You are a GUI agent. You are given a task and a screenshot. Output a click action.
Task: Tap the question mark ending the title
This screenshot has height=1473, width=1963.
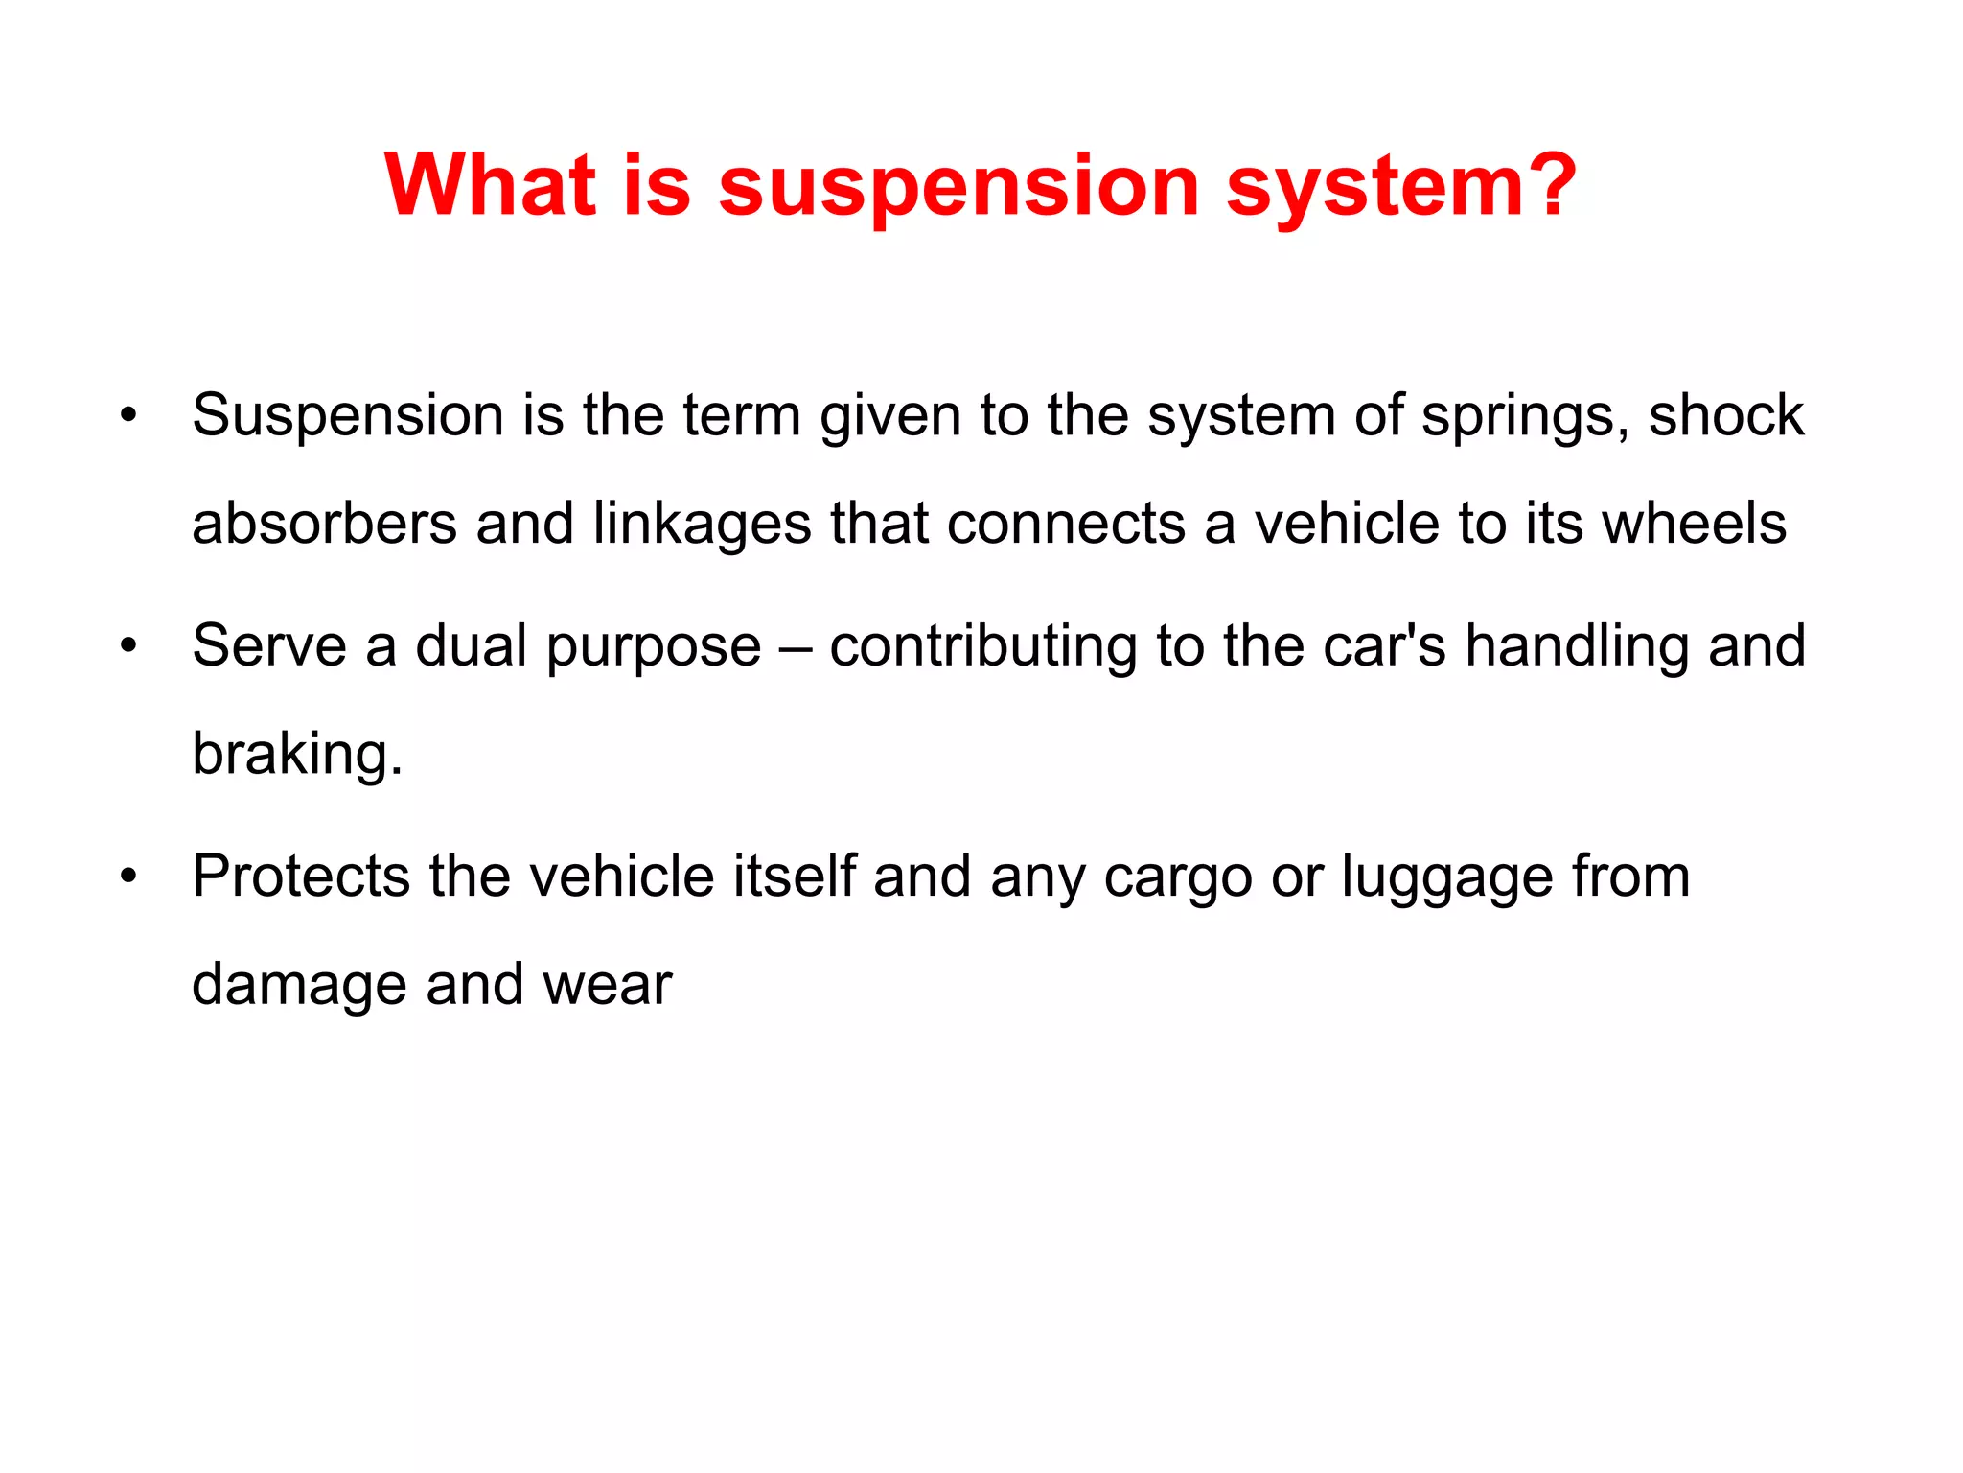1546,184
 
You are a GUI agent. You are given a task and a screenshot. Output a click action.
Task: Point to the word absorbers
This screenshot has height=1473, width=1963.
324,524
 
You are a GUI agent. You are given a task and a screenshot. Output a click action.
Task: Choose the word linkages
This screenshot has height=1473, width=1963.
702,526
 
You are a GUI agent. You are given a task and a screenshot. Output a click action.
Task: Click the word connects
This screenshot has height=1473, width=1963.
1066,524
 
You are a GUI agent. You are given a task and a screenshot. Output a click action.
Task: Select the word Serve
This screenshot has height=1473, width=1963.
269,645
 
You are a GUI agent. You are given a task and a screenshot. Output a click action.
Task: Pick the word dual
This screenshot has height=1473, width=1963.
471,645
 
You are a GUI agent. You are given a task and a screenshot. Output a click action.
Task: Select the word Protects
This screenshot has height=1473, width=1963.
301,877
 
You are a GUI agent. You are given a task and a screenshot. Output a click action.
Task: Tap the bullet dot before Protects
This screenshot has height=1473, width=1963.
129,877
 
